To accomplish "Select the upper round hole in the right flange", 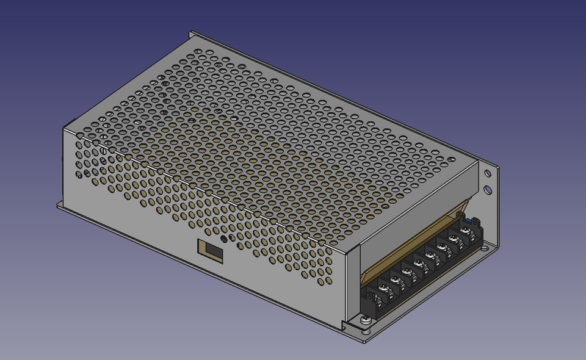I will coord(487,174).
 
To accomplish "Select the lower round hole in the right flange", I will coord(488,189).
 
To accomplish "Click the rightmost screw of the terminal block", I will coord(465,231).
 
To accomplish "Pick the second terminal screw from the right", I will coord(454,239).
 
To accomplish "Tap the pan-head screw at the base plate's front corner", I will coord(365,319).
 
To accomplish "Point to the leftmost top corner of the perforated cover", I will coord(63,128).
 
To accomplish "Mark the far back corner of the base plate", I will coord(190,32).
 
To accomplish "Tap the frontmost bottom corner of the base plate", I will coord(364,342).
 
